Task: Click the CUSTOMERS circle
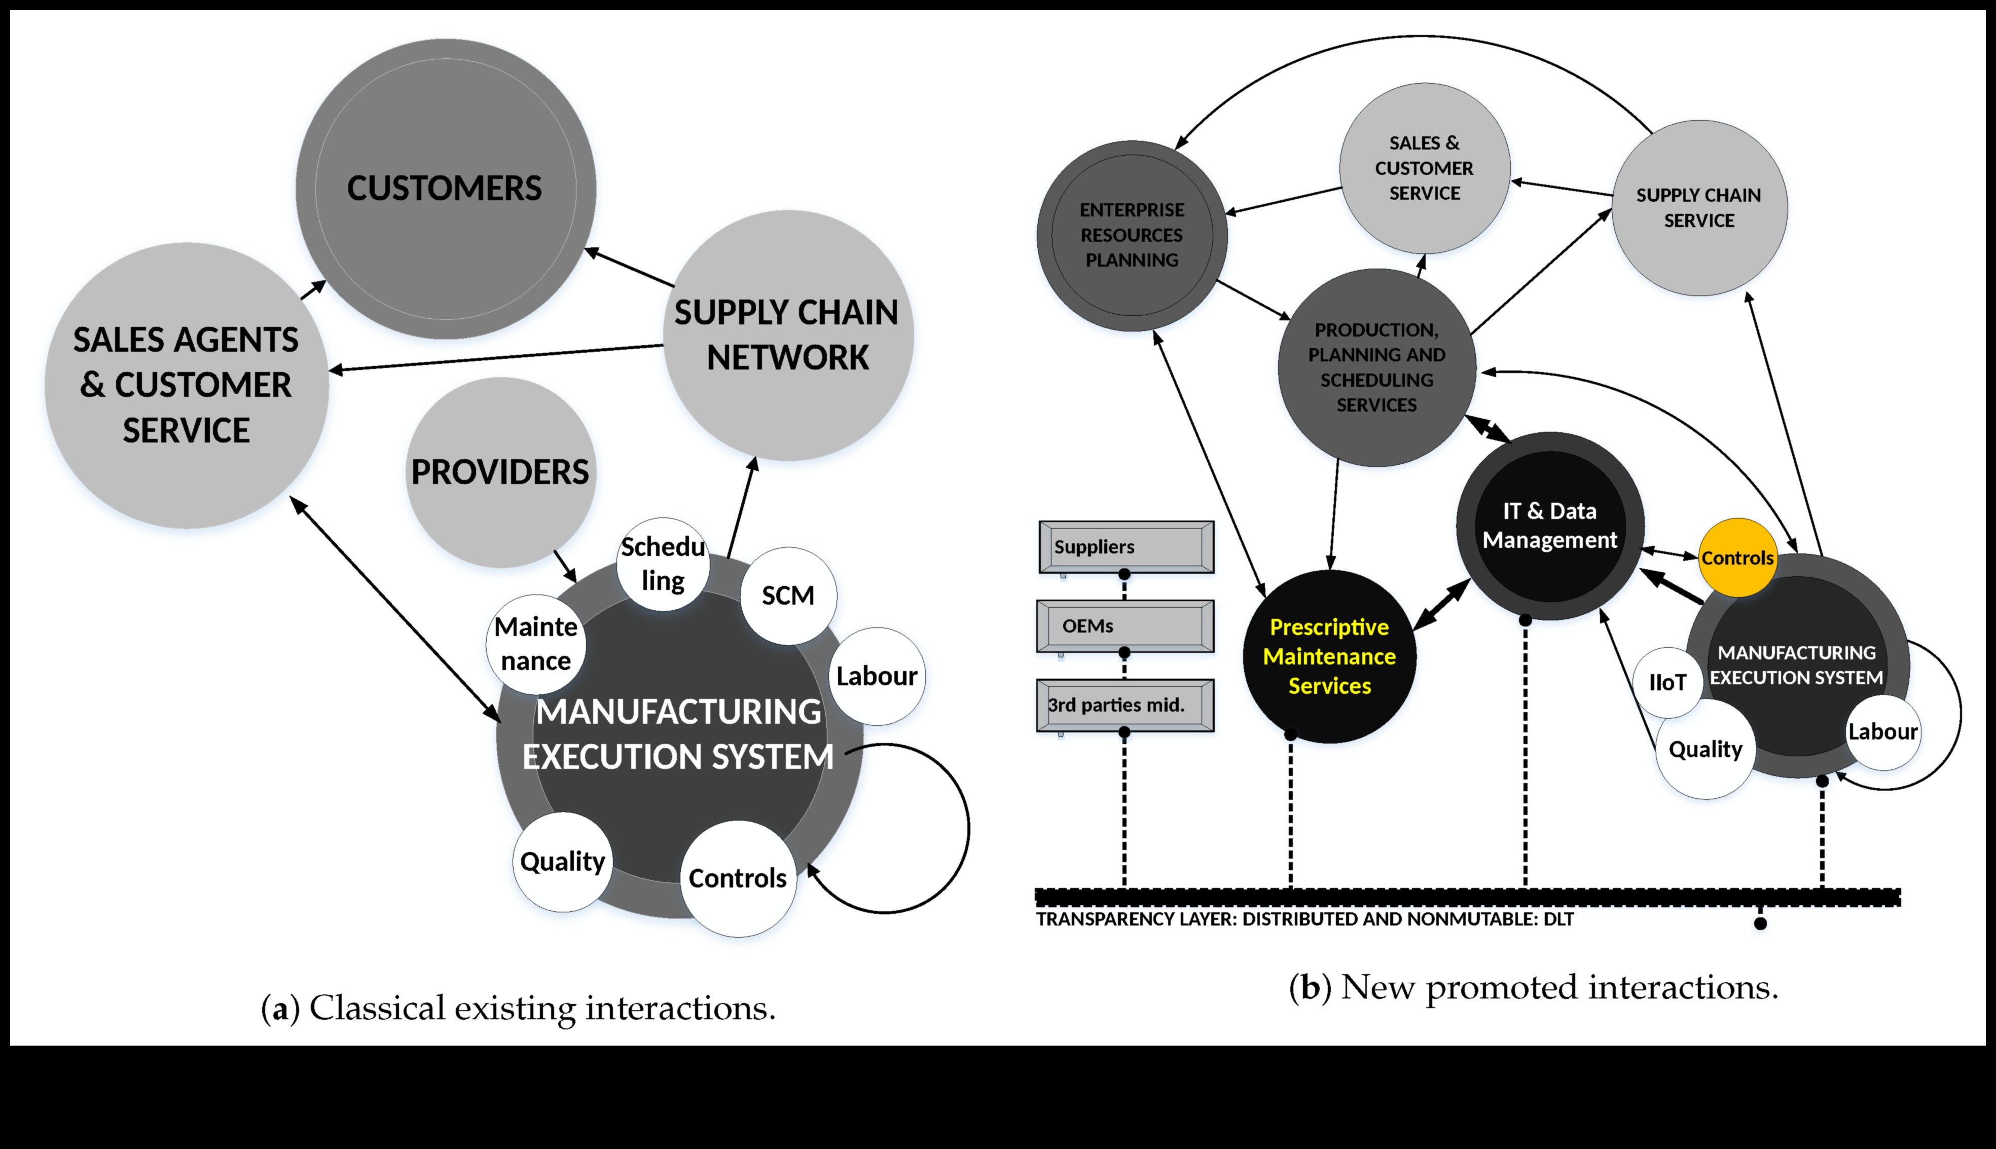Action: click(445, 188)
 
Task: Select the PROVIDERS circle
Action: click(500, 472)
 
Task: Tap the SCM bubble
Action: click(788, 595)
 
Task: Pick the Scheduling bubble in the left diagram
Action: click(662, 564)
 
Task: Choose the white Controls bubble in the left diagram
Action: click(737, 877)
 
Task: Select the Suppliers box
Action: click(1126, 546)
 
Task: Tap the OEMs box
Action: click(1124, 626)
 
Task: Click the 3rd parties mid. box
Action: click(1124, 705)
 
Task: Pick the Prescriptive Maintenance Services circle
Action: click(1329, 656)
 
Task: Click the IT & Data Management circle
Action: click(1549, 526)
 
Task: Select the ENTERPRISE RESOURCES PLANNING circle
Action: click(1132, 235)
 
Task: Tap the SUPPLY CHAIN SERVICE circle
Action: click(1699, 207)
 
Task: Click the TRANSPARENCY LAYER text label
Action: click(1304, 919)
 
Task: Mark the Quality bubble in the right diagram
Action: click(1705, 749)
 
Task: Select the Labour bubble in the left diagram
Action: click(876, 676)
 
